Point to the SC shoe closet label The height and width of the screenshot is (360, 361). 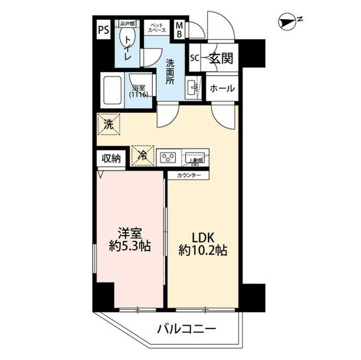[195, 57]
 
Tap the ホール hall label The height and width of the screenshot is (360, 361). [222, 89]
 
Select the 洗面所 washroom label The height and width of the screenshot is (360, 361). [169, 71]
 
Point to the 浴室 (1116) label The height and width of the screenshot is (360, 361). [139, 92]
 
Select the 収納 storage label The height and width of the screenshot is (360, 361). [111, 158]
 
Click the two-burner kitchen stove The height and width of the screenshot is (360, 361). [169, 157]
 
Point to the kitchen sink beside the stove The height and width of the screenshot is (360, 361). [195, 157]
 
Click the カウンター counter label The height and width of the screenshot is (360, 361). [188, 175]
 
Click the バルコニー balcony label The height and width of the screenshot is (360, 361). [186, 328]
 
